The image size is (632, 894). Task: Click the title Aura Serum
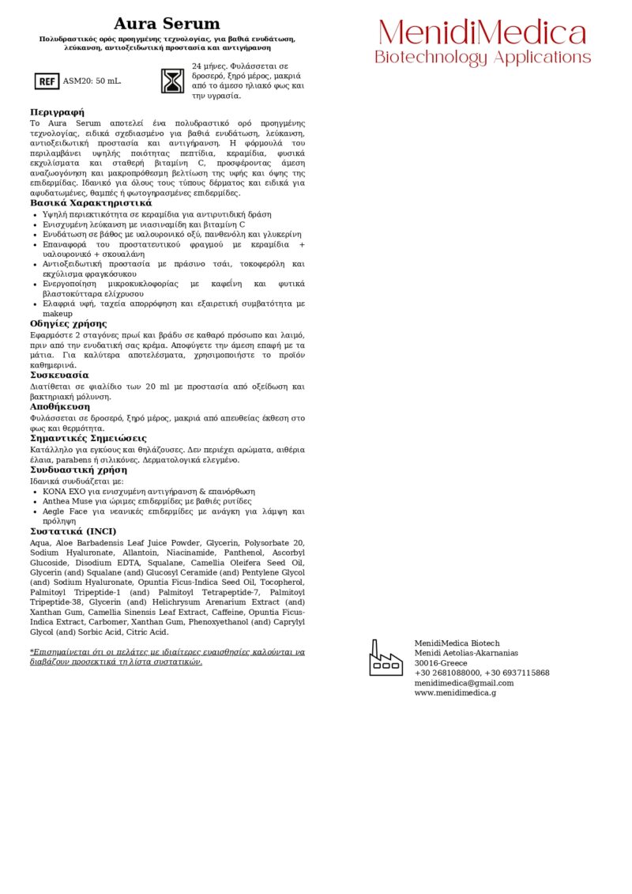coord(167,25)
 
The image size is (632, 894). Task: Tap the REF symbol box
coord(47,81)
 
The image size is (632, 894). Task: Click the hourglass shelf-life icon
coord(172,81)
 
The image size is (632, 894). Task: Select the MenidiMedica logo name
coord(483,33)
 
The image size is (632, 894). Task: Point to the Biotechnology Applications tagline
coord(483,58)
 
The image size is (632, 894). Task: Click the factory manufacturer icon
coord(386,658)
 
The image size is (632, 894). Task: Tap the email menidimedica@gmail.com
coord(464,683)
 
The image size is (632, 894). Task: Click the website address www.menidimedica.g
coord(455,693)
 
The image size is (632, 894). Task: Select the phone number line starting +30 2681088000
coord(482,673)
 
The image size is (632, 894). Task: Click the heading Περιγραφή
coord(57,112)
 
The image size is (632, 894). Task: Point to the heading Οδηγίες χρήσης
coord(68,324)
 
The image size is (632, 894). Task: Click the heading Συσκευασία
coord(59,375)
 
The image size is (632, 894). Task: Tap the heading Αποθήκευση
coord(60,406)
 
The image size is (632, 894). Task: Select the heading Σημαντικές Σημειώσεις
coord(88,438)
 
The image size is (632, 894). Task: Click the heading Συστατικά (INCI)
coord(73,531)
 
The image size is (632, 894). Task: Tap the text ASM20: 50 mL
coord(92,81)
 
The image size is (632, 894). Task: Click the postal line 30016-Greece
coord(441,663)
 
